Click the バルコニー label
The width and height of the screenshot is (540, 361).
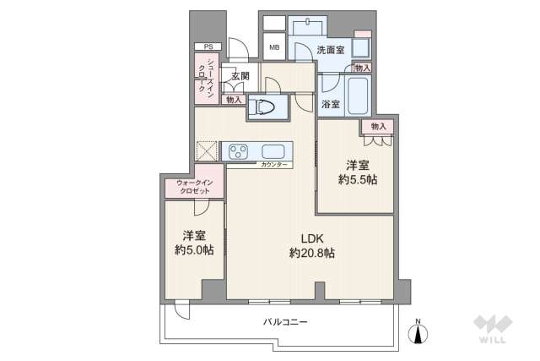pyautogui.click(x=284, y=321)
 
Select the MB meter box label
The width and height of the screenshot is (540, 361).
pyautogui.click(x=274, y=47)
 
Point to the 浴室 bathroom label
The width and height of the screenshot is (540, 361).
pyautogui.click(x=330, y=105)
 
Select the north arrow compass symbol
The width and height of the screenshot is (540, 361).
pyautogui.click(x=419, y=331)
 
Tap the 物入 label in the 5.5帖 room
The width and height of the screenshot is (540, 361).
pyautogui.click(x=379, y=126)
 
